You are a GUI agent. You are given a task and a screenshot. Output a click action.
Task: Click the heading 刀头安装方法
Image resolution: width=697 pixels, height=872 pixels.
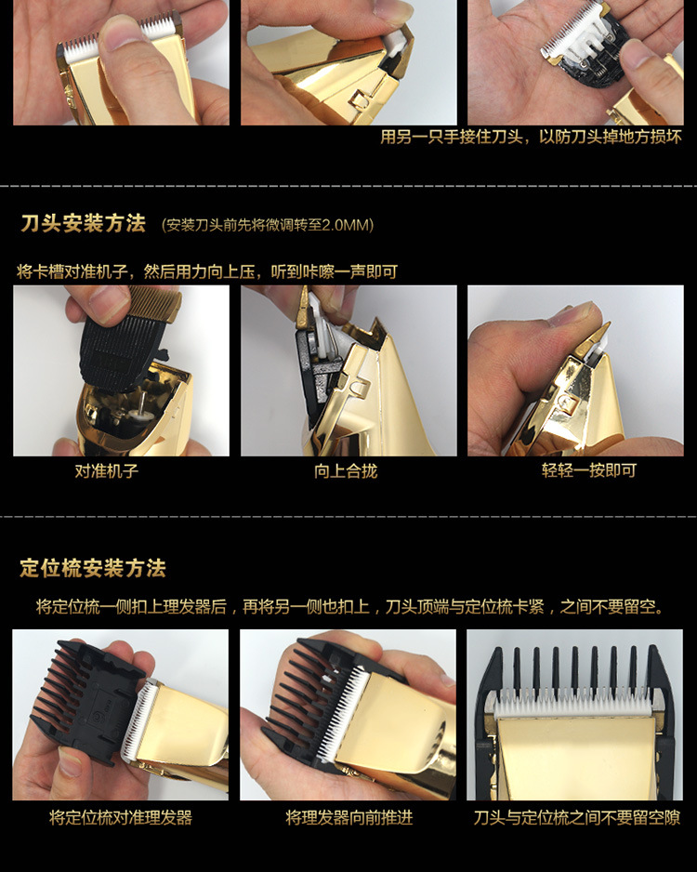(x=83, y=224)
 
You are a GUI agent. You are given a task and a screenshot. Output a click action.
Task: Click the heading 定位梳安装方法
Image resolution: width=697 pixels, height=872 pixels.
(x=93, y=568)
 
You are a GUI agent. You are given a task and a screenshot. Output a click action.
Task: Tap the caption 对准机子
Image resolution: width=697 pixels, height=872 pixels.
(x=107, y=470)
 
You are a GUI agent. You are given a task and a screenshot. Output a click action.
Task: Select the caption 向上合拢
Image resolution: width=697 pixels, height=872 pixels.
(x=346, y=470)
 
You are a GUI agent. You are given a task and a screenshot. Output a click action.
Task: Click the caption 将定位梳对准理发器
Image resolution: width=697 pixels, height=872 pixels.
(x=121, y=817)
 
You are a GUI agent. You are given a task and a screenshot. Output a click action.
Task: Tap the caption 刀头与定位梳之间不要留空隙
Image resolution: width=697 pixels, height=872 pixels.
(x=576, y=817)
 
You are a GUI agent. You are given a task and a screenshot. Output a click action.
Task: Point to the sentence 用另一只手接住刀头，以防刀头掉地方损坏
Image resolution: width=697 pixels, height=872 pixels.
(x=531, y=138)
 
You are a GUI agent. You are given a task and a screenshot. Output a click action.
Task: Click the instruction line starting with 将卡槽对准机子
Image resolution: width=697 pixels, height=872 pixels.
(x=207, y=271)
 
